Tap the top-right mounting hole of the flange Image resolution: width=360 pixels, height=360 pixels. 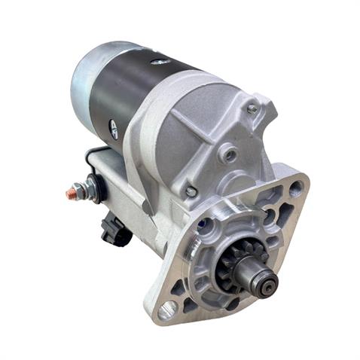click(296, 188)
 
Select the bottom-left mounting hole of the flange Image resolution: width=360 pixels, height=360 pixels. click(167, 307)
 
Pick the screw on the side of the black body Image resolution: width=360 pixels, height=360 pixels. click(114, 128)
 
